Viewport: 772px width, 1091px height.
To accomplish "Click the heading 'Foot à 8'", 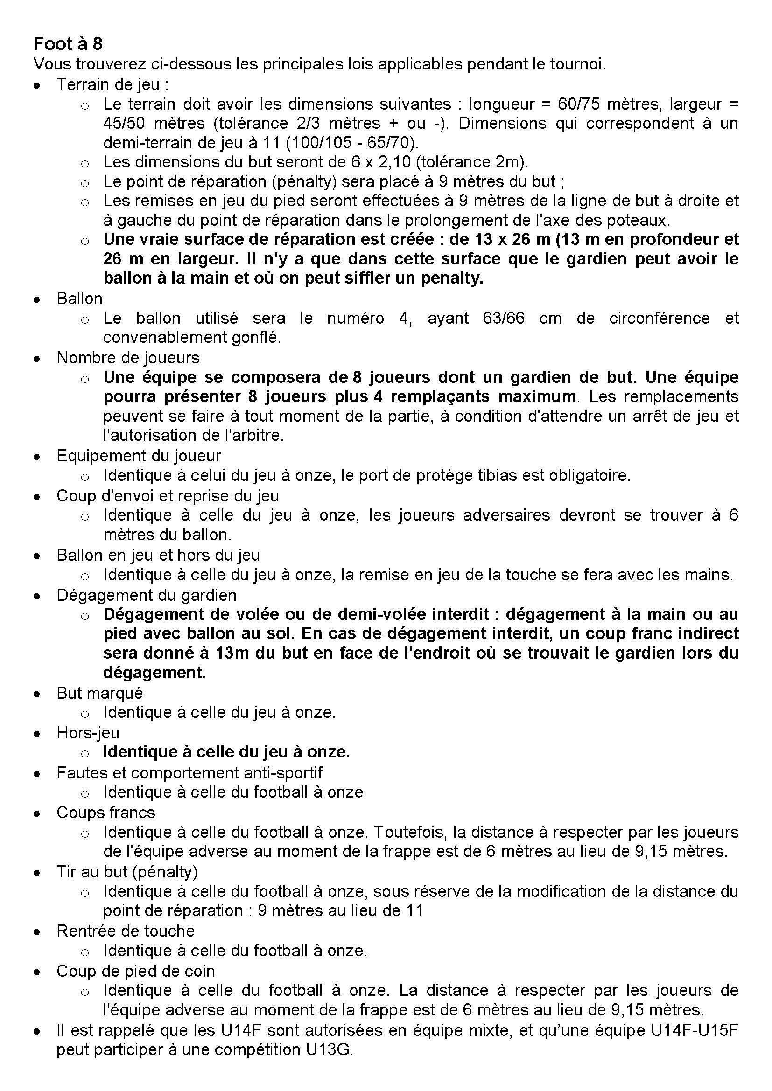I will point(68,44).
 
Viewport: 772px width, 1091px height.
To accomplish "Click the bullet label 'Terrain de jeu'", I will point(112,84).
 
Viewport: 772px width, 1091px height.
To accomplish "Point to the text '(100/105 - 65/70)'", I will point(350,143).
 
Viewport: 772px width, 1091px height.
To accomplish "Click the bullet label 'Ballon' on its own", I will point(79,299).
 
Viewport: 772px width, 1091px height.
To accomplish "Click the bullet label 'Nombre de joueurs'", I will point(128,358).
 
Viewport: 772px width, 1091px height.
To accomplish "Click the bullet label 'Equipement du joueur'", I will point(139,456).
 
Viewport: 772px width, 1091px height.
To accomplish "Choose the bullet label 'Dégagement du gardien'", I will point(147,595).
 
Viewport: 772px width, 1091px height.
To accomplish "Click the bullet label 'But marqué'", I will point(99,693).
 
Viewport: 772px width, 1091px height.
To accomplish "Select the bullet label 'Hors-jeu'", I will point(88,732).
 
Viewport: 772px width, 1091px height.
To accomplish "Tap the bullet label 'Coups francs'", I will point(105,813).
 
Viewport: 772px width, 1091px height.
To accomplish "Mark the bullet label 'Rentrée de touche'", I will point(126,931).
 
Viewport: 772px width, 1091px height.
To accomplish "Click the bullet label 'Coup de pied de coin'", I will point(135,970).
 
